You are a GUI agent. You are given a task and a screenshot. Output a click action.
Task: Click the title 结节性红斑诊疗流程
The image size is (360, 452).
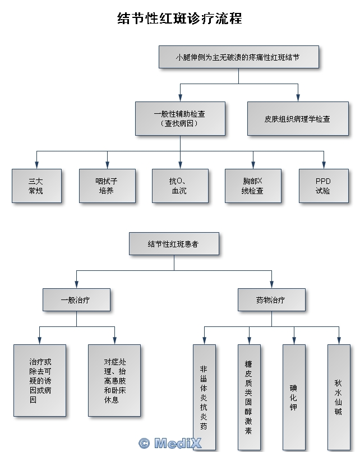(x=180, y=19)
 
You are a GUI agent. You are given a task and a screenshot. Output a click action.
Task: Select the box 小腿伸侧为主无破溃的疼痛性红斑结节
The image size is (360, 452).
(x=238, y=57)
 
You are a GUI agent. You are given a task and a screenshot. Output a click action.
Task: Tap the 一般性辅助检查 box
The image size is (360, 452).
(x=179, y=118)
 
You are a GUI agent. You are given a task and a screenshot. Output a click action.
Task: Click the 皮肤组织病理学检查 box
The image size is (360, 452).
(x=297, y=119)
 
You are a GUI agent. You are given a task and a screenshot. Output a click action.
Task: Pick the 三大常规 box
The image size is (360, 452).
(x=36, y=186)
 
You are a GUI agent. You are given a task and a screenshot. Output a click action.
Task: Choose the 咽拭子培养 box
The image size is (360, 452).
(x=107, y=186)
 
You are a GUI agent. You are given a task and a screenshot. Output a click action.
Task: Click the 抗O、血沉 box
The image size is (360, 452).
(x=180, y=186)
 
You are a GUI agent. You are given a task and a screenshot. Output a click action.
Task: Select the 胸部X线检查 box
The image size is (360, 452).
(x=252, y=186)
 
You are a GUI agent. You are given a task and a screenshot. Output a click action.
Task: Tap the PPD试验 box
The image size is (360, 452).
(x=323, y=186)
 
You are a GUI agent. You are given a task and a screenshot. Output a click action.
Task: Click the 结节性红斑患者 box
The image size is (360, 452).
(x=173, y=245)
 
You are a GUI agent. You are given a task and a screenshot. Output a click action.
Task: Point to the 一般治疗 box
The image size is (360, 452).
(x=76, y=300)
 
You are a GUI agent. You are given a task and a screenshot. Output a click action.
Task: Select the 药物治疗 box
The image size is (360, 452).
(x=271, y=300)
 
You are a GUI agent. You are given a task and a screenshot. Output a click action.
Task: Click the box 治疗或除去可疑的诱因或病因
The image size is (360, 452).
(x=39, y=380)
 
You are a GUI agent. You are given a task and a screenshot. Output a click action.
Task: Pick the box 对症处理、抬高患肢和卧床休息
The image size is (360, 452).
(x=114, y=380)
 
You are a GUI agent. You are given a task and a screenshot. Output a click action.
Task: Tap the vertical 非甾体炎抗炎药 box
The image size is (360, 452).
(x=204, y=397)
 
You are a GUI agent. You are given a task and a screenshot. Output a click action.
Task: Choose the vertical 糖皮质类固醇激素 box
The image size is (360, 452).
(x=249, y=397)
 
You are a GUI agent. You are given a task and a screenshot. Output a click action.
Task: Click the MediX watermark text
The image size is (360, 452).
(x=169, y=443)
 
